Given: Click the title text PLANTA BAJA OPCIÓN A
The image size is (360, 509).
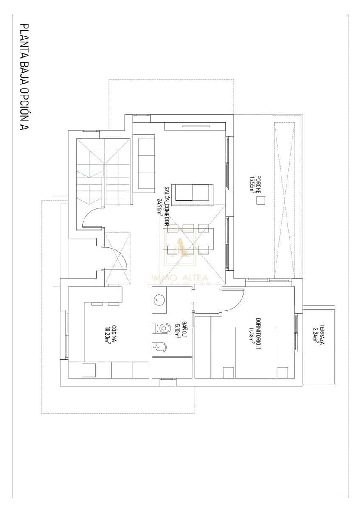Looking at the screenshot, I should coord(25,77).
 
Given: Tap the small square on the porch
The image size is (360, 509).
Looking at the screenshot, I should coord(260,201).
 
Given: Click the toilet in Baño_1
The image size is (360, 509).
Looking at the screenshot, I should coord(160,327).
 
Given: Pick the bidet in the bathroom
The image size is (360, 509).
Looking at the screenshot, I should coord(160,347).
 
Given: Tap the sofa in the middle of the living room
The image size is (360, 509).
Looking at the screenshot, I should coord(194,192).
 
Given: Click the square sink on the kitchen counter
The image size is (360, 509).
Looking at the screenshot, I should coord(89,370).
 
